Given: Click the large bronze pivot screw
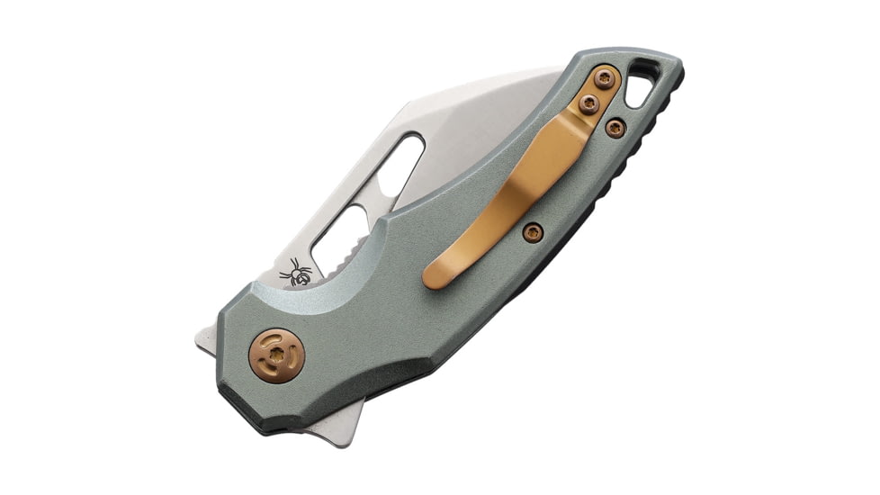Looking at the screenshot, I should pos(276,356).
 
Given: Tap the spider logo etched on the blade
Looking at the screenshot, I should pos(297,272).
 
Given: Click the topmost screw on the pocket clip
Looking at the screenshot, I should pos(606,79).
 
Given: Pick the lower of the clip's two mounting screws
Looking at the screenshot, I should pos(589,104).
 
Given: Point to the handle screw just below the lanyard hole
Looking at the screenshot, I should pos(615,129).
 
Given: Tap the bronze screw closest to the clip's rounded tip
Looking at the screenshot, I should pos(533,232).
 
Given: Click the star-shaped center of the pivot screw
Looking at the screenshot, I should pos(276,356).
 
